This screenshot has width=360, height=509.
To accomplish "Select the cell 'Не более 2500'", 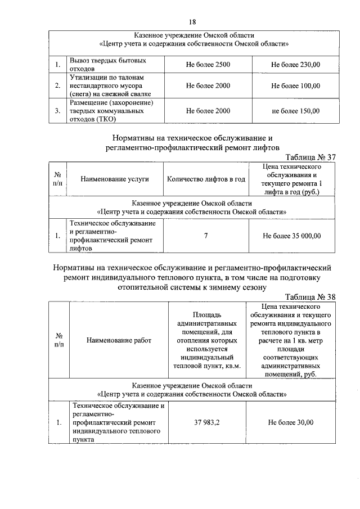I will coord(208,65).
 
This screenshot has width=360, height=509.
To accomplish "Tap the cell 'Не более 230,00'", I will coord(295,65).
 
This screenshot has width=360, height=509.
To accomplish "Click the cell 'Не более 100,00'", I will coord(295,86).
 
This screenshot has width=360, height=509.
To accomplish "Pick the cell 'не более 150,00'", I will coord(295,111).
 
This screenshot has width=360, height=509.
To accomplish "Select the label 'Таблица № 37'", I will coord(310,157).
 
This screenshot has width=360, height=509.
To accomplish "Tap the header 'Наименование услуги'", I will coord(114,179).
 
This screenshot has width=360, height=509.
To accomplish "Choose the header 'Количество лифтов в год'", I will coord(206,179).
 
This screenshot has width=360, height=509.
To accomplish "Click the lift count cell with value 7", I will coord(206,236).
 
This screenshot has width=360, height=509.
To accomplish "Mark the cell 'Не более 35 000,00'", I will coord(292,236).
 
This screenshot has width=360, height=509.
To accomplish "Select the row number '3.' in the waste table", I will coord(58,111).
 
